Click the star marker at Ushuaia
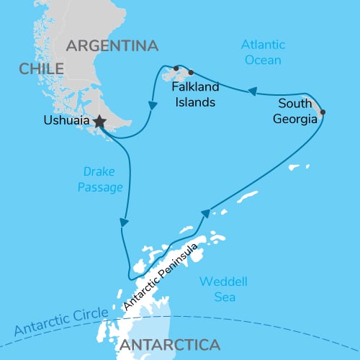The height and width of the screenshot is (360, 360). click(x=99, y=123)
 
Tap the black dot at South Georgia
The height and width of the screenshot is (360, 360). click(x=322, y=112)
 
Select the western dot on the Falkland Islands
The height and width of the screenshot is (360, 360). click(x=176, y=68)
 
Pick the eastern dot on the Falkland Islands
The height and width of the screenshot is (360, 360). click(x=191, y=72)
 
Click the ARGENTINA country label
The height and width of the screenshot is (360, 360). click(x=112, y=45)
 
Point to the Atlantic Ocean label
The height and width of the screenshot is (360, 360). click(x=264, y=53)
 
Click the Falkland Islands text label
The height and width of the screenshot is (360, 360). click(x=194, y=95)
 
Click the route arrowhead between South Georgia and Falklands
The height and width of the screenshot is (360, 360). click(x=253, y=91)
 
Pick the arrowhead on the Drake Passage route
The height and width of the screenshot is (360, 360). click(x=125, y=220)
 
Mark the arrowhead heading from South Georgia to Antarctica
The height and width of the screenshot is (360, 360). click(x=206, y=213)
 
